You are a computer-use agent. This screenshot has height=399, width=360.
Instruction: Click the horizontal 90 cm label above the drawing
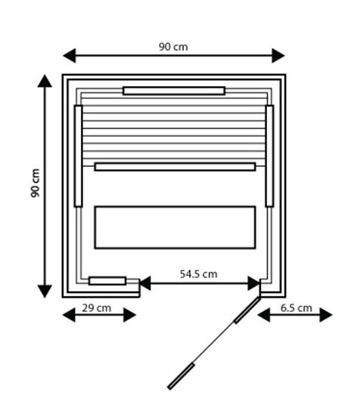click(x=173, y=47)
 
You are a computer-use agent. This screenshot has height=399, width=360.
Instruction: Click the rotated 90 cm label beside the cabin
click(x=35, y=183)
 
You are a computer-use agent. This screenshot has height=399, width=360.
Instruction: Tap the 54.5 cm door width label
click(x=199, y=274)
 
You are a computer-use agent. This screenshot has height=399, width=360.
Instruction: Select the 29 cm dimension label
click(x=97, y=308)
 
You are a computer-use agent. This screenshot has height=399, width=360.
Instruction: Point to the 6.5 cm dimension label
click(x=296, y=308)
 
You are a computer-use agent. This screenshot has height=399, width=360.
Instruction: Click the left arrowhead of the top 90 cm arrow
click(x=70, y=55)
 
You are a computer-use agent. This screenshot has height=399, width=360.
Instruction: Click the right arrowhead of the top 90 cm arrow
click(x=278, y=55)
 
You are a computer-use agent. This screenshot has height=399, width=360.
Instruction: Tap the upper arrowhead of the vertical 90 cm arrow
click(x=45, y=81)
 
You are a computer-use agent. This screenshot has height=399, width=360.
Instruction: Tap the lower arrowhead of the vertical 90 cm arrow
click(x=45, y=292)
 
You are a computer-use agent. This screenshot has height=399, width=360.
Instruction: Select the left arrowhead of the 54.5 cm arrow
click(x=145, y=283)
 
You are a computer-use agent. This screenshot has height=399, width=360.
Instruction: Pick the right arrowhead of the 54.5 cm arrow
click(x=253, y=283)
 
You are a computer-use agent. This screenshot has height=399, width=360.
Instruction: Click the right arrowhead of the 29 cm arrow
click(x=129, y=315)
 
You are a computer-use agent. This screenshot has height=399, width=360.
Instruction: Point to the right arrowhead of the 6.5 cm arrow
click(x=326, y=315)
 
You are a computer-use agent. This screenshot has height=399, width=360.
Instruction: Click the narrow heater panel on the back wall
click(x=174, y=91)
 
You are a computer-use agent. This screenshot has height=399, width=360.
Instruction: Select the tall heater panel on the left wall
click(x=78, y=156)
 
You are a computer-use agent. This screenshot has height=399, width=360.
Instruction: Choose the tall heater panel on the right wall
click(x=269, y=156)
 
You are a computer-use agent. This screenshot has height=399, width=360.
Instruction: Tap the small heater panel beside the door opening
click(x=107, y=281)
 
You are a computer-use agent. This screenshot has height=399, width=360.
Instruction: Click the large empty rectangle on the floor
click(x=175, y=227)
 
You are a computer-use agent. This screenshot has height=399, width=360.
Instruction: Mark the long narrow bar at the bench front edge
click(x=175, y=167)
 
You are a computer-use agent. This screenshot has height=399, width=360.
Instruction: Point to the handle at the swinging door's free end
click(x=181, y=376)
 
